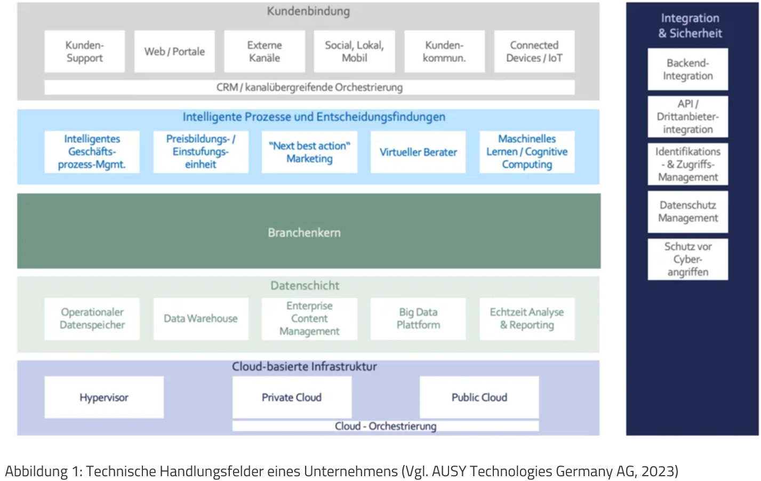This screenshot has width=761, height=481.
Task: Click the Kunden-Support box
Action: (x=84, y=51)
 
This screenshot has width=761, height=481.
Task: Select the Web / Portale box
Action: (x=174, y=51)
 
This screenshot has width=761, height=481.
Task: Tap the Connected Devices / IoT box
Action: (x=534, y=51)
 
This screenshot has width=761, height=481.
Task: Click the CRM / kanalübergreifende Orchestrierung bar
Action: (x=309, y=87)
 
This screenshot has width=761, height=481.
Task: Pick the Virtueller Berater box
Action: (x=418, y=152)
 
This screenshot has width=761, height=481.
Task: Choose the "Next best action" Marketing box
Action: (x=309, y=152)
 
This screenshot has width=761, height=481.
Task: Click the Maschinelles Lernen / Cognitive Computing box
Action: (x=527, y=152)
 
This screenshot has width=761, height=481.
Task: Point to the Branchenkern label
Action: (x=304, y=233)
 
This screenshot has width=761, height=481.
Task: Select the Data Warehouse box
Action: (x=201, y=318)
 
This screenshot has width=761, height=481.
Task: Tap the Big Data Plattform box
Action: (x=418, y=318)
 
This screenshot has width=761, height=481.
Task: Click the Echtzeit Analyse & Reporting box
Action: (x=527, y=318)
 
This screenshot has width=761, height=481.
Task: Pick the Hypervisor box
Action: (x=104, y=397)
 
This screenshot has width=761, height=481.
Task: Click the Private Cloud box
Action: (x=292, y=397)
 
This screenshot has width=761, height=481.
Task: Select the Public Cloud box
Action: (x=479, y=397)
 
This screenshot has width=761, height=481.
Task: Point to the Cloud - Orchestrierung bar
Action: (x=385, y=426)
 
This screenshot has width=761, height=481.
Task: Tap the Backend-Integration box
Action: (x=687, y=69)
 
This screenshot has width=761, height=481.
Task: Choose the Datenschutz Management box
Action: (x=687, y=212)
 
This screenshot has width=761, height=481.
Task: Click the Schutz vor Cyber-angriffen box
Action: (x=687, y=259)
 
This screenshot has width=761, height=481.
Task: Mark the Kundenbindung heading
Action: (x=308, y=11)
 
